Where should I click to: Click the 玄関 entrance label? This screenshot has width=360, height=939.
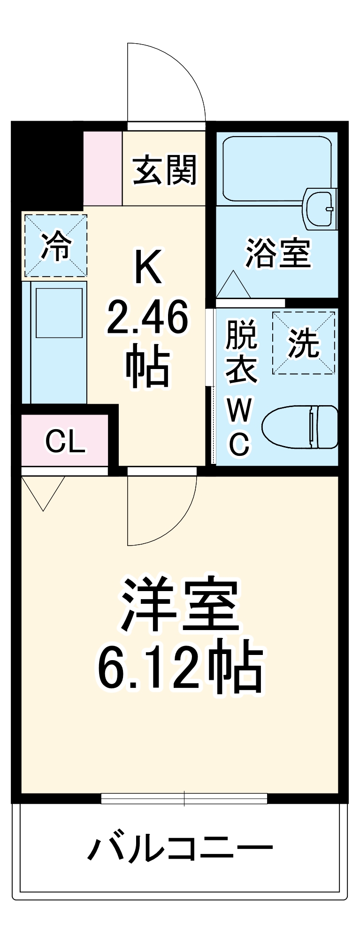pyautogui.click(x=164, y=170)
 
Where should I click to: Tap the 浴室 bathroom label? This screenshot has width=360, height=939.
pyautogui.click(x=278, y=254)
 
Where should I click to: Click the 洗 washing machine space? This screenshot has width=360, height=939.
pyautogui.click(x=304, y=343)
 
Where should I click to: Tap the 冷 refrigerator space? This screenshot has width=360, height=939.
pyautogui.click(x=56, y=246)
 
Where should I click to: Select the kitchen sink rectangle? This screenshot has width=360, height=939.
pyautogui.click(x=59, y=313)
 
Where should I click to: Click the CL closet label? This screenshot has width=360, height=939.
pyautogui.click(x=65, y=441)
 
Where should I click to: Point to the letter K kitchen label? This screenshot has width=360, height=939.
pyautogui.click(x=148, y=267)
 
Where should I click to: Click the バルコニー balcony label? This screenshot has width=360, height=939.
pyautogui.click(x=180, y=848)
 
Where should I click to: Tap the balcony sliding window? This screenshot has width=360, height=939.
pyautogui.click(x=184, y=798)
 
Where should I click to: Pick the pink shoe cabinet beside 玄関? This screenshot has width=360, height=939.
pyautogui.click(x=103, y=168)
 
